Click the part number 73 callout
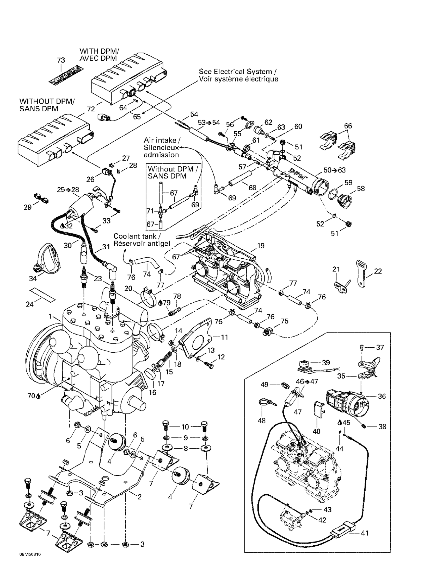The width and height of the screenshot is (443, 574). (x=61, y=60)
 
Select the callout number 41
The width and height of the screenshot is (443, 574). (x=365, y=533)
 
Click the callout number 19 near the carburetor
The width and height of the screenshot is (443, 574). (x=261, y=246)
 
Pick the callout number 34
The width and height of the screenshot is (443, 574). (x=33, y=278)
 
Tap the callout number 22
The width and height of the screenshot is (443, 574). (x=378, y=271)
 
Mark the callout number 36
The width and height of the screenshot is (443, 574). (x=382, y=396)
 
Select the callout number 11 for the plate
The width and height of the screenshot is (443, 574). (x=224, y=337)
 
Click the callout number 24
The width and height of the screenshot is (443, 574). (x=29, y=304)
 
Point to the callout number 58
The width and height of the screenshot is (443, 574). (x=361, y=188)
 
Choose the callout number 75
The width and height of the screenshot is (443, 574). (x=284, y=321)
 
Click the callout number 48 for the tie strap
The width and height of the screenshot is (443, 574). (x=262, y=420)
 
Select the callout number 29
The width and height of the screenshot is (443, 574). (x=28, y=207)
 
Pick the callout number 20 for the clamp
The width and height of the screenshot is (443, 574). (x=128, y=288)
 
